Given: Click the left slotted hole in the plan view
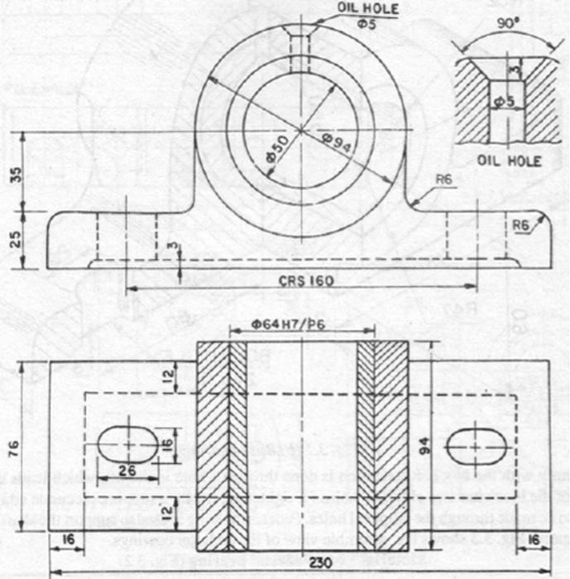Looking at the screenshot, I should click(128, 445).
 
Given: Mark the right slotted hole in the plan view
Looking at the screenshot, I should click(474, 447).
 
